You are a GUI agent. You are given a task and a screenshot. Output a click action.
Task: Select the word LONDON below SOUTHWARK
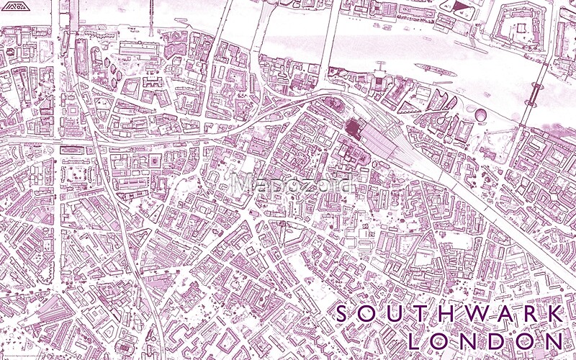[485, 340]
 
